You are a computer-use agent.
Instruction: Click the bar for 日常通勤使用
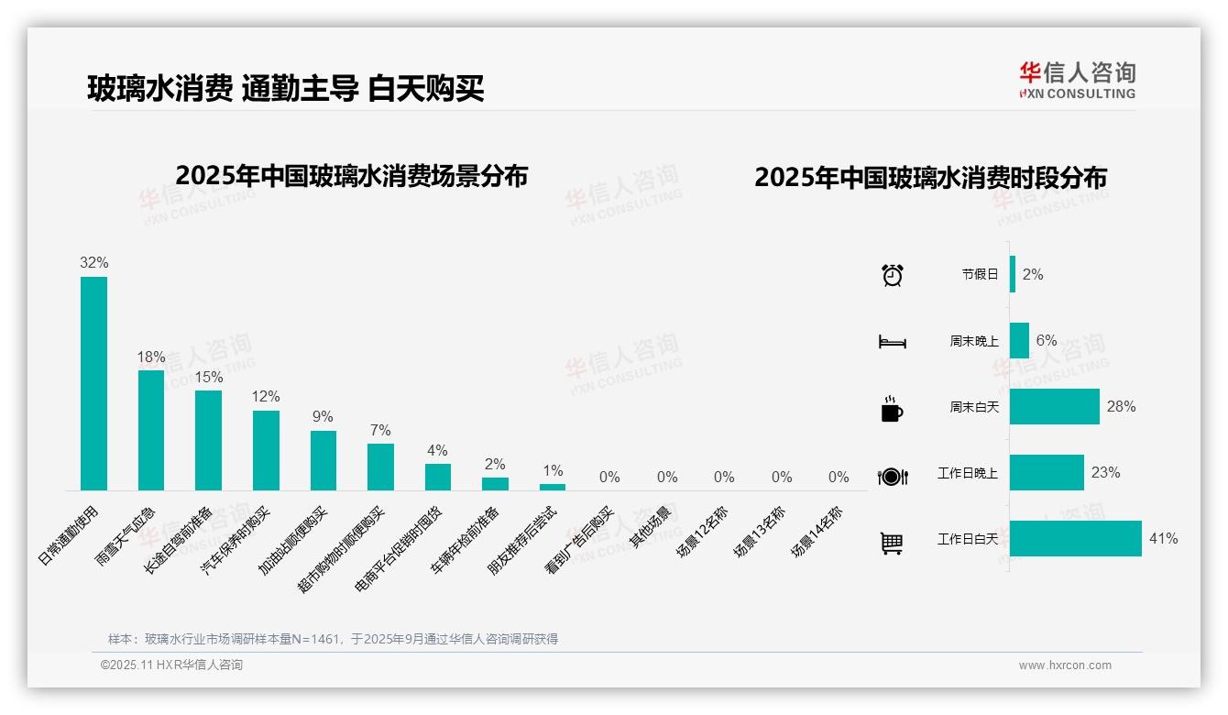(x=93, y=383)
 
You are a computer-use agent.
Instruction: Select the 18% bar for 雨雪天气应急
(x=151, y=430)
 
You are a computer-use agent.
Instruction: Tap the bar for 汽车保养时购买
(x=266, y=450)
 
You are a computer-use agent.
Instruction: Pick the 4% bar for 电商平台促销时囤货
(x=438, y=477)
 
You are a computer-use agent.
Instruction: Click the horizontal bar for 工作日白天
(x=1076, y=539)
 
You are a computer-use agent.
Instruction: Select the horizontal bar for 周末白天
(x=1055, y=406)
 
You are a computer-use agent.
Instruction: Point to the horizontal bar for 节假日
(x=1013, y=274)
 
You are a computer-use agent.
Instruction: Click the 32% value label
(x=93, y=263)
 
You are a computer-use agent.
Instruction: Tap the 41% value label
(x=1163, y=539)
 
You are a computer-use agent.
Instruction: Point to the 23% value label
(x=1105, y=473)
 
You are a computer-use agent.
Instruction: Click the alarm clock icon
(x=892, y=275)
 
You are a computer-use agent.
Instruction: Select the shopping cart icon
(x=892, y=543)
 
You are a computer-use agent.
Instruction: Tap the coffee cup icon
(x=892, y=409)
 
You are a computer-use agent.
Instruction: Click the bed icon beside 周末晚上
(x=892, y=342)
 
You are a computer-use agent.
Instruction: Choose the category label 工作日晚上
(x=967, y=474)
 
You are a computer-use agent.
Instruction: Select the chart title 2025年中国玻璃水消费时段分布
(x=930, y=178)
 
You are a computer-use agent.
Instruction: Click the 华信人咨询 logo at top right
(x=1077, y=80)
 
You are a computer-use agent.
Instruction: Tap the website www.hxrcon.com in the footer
(x=1065, y=665)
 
